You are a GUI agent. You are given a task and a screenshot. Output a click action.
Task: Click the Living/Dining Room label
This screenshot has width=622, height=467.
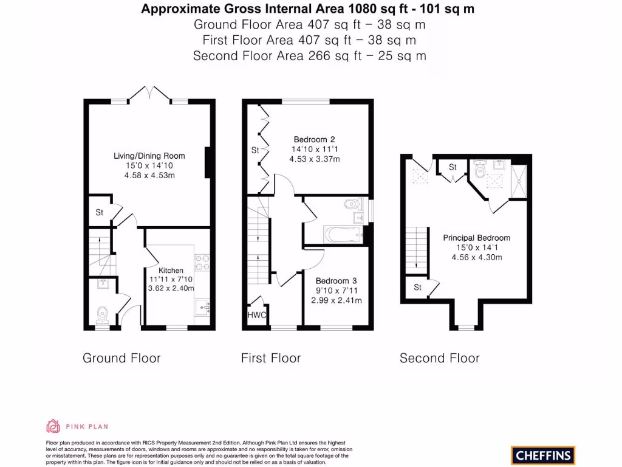pos(149,156)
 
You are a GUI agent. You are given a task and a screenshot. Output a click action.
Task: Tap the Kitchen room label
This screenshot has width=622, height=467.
pos(171,270)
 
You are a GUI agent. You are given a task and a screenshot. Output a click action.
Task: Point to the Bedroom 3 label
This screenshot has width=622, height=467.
pos(336,281)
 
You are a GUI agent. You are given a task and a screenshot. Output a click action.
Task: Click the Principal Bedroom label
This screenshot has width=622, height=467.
pos(476,238)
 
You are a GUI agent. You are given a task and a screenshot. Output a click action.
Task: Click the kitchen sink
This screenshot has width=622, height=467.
pos(202,303)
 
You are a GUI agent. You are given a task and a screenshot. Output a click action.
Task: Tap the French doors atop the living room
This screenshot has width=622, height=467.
pos(149,94)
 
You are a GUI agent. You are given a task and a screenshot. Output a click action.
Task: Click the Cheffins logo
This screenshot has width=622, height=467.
pos(542,455)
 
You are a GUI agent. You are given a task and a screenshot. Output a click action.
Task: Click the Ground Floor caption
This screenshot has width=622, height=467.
pos(121,358)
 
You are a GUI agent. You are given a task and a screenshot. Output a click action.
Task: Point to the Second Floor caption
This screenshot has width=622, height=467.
pos(439,358)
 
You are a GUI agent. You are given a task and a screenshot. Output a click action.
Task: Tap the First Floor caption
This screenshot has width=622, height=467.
pos(271,358)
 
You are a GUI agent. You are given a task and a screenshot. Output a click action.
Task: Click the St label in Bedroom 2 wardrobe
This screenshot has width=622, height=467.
pos(255,150)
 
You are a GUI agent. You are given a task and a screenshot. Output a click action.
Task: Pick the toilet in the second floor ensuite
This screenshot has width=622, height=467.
pos(479,170)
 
